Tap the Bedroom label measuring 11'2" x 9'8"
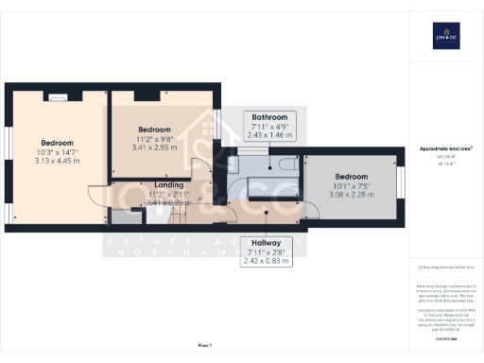pyautogui.click(x=154, y=129)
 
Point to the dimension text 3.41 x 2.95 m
pyautogui.click(x=154, y=147)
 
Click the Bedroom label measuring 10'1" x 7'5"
pyautogui.click(x=350, y=177)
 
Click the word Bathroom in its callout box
pyautogui.click(x=269, y=118)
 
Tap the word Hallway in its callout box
pyautogui.click(x=266, y=242)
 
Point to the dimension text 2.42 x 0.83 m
pyautogui.click(x=266, y=260)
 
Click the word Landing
pyautogui.click(x=168, y=185)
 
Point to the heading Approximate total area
pyautogui.click(x=445, y=148)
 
